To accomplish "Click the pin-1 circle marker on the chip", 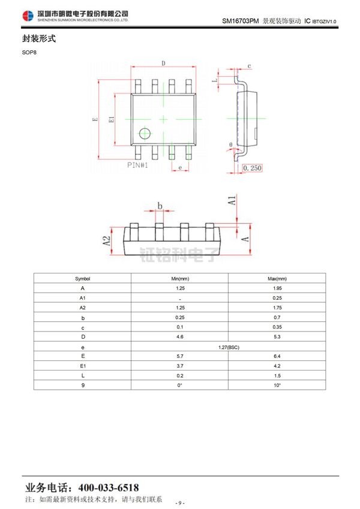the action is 145,134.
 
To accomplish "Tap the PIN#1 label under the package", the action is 137,165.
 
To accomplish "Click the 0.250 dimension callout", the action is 253,168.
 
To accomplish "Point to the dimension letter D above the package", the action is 163,63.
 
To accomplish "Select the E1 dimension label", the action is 111,119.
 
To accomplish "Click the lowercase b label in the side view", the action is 160,206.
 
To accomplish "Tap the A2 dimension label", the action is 107,241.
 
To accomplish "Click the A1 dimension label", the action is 232,200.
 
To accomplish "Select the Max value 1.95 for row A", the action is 277,288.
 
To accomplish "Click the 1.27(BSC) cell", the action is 229,347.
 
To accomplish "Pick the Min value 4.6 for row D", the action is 179,337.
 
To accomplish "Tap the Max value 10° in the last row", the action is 277,385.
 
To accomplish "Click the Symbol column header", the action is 83,279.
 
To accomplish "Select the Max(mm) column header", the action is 277,279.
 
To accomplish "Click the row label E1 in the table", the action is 83,366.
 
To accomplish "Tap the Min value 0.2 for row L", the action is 179,375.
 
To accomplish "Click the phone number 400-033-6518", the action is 109,487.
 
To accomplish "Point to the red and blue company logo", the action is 28,16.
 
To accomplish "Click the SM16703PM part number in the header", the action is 241,21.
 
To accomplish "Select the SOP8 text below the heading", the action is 29,52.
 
